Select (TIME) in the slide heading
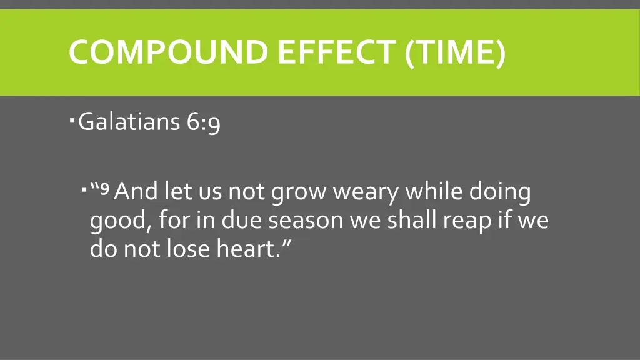pyautogui.click(x=455, y=52)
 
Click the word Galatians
pyautogui.click(x=129, y=122)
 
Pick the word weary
pyautogui.click(x=365, y=192)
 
